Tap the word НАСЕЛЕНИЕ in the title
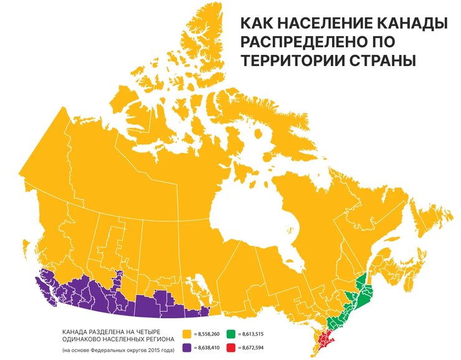point(330,24)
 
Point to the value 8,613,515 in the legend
point(254,334)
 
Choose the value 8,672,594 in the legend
point(254,346)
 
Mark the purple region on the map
point(125,299)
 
